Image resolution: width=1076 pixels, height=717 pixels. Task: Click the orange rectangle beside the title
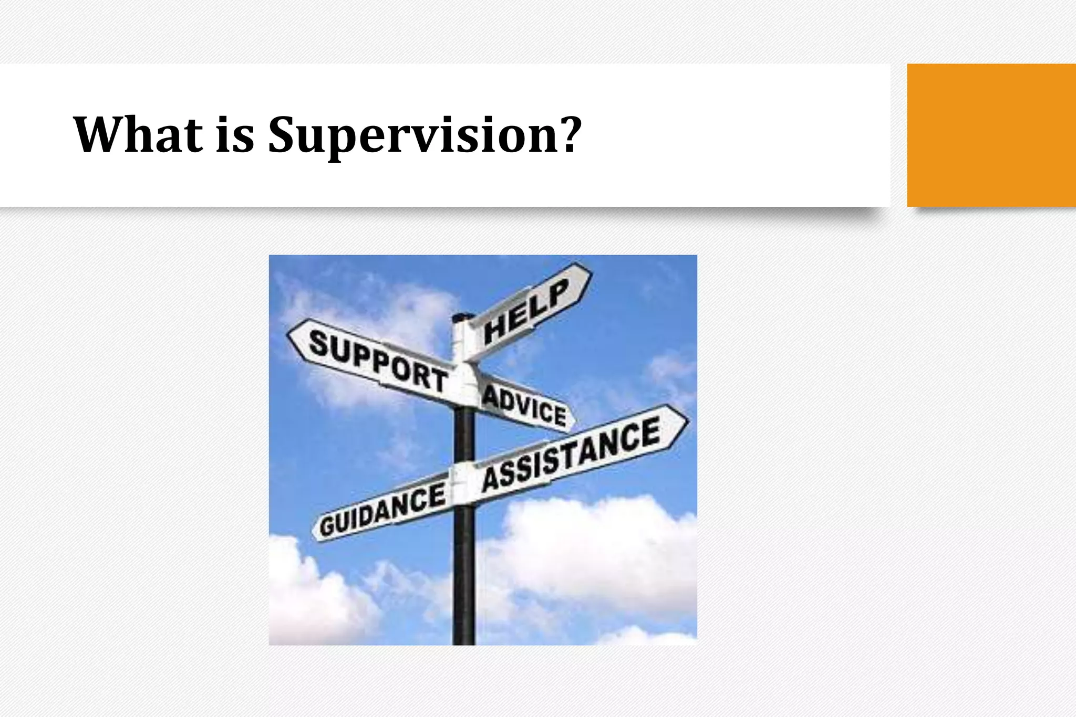(991, 135)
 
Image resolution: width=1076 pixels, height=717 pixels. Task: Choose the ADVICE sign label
(524, 405)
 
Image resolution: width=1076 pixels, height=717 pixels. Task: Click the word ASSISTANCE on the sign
(572, 455)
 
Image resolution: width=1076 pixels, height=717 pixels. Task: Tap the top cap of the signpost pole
(462, 317)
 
